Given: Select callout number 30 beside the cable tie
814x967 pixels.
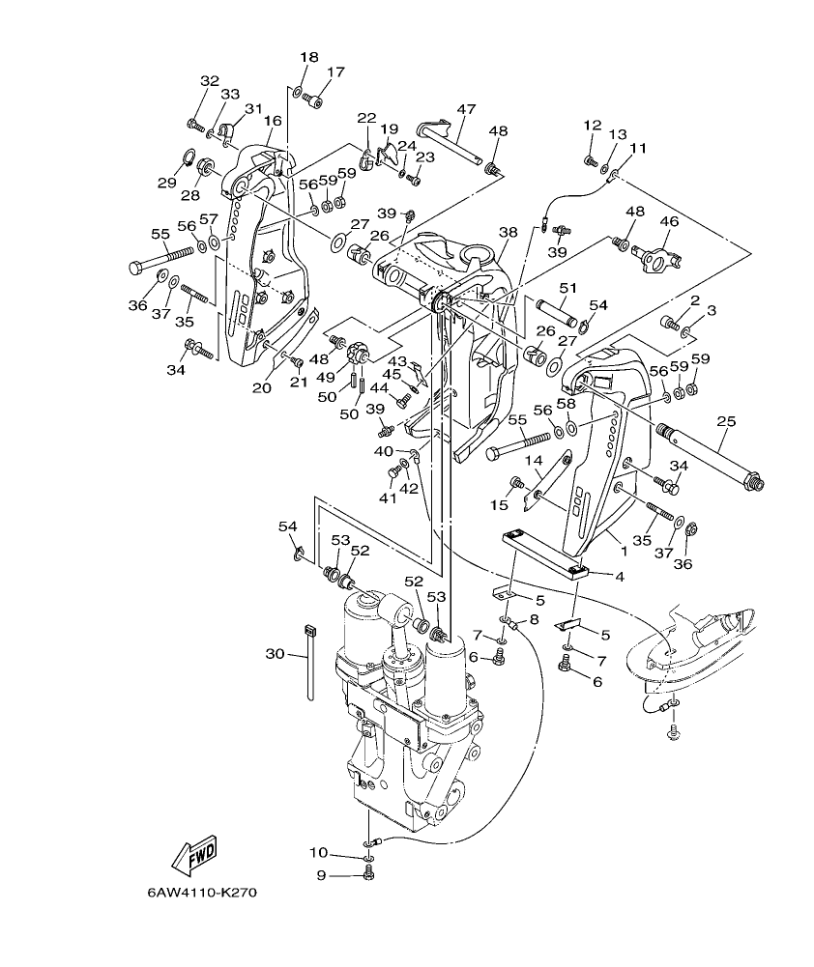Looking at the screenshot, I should (276, 654).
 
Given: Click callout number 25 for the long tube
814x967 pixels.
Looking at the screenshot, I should (726, 421).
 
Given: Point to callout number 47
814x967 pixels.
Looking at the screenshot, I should (466, 109).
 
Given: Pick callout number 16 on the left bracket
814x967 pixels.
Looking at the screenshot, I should (273, 122).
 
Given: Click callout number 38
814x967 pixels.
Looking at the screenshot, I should (509, 232).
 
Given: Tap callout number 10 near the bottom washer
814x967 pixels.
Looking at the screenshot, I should (319, 852).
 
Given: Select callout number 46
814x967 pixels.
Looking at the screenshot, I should (669, 221).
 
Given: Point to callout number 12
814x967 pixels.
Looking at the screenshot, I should (592, 125).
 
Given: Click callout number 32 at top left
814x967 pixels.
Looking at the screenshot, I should (210, 80).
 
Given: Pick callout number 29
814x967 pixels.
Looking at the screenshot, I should (167, 183).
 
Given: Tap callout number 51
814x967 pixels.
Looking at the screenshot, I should (567, 287).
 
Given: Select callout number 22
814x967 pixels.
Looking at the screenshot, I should (366, 118).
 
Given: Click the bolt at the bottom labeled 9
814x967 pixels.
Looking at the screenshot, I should (367, 875).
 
